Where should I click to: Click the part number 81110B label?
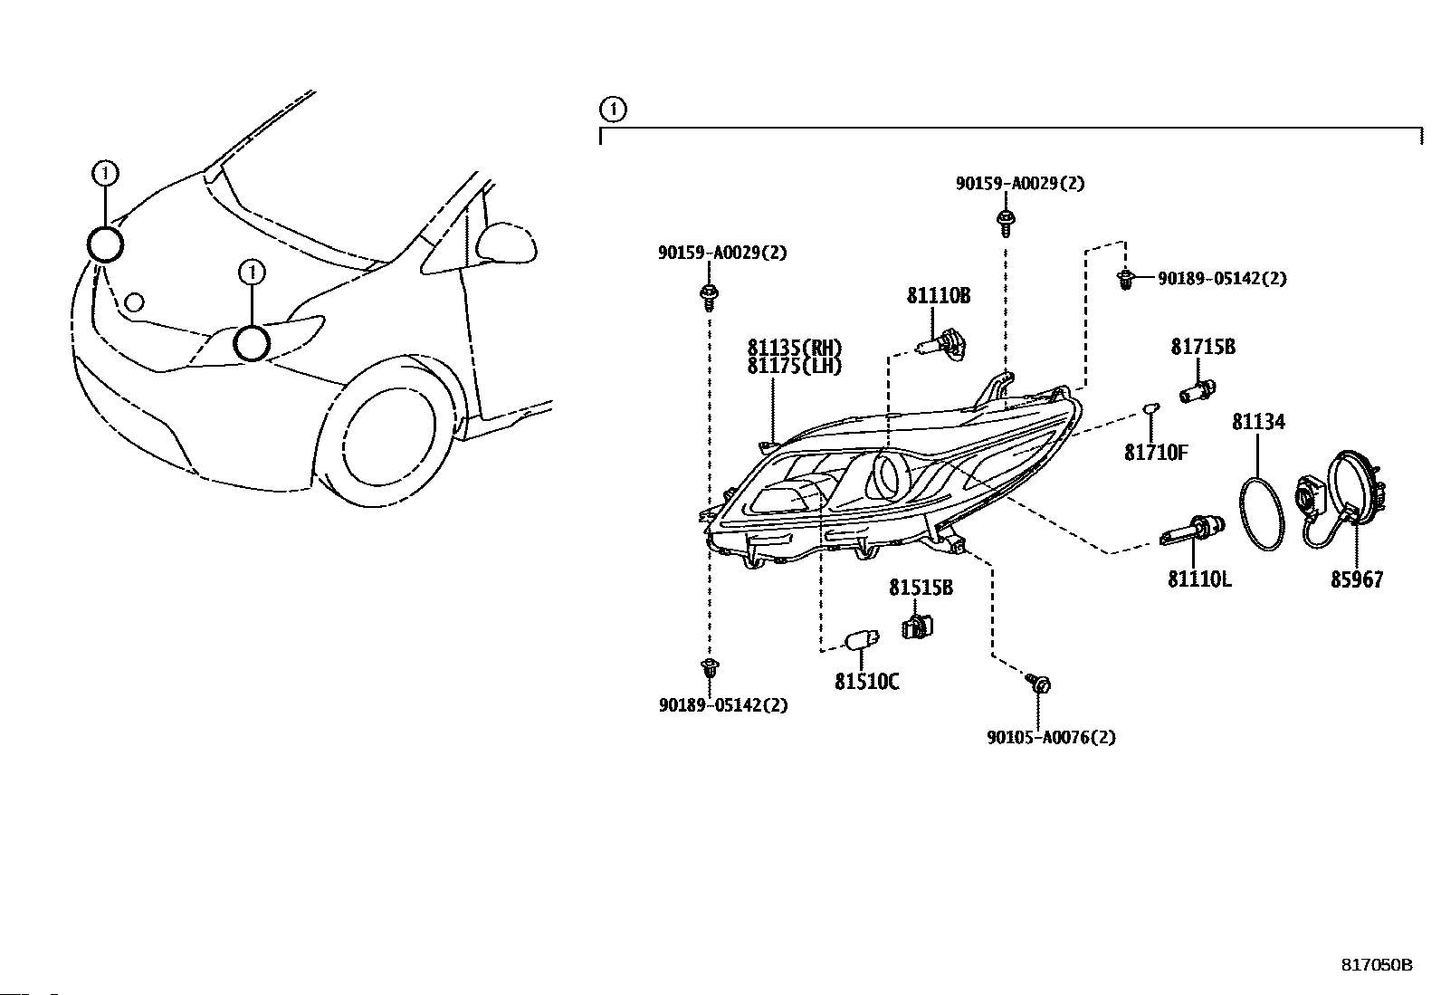(939, 296)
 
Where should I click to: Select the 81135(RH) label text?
(794, 348)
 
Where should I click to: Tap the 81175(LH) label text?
(794, 366)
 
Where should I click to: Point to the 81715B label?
(1203, 347)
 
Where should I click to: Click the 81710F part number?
(1156, 453)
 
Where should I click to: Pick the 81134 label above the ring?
(1258, 422)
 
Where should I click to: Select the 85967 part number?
(1357, 579)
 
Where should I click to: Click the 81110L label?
(1199, 579)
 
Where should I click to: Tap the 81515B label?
(921, 588)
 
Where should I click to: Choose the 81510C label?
(866, 682)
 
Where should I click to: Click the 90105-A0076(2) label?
(1051, 737)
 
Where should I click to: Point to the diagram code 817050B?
(1377, 965)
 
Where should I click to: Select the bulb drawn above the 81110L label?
(1192, 529)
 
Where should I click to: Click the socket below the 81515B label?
(917, 627)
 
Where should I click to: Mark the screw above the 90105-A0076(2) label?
(1037, 683)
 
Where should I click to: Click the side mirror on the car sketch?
(506, 244)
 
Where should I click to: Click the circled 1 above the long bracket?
(613, 110)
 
